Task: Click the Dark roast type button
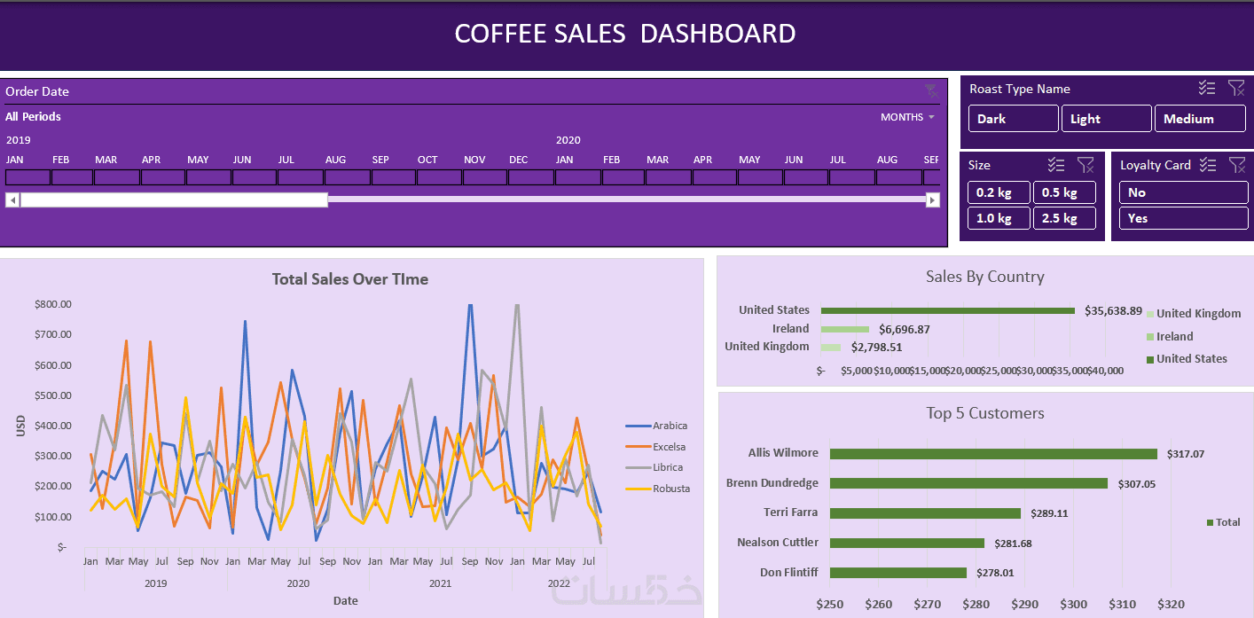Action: click(1013, 119)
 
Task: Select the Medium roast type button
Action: click(1199, 119)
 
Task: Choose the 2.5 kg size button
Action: click(1064, 218)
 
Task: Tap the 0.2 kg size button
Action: click(999, 192)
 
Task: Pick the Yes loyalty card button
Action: click(1182, 218)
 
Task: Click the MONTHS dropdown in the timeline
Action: click(907, 117)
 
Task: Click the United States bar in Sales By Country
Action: click(947, 310)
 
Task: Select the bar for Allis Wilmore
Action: click(993, 454)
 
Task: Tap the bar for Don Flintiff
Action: click(897, 573)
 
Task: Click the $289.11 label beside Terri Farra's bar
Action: click(1049, 513)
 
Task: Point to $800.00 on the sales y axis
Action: click(53, 304)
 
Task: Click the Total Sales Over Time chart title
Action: click(350, 279)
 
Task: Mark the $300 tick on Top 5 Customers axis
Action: click(1073, 604)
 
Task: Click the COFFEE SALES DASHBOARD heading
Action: click(625, 34)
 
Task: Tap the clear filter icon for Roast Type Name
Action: click(1236, 88)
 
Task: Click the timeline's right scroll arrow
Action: click(932, 200)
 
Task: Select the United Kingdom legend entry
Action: click(1197, 313)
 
